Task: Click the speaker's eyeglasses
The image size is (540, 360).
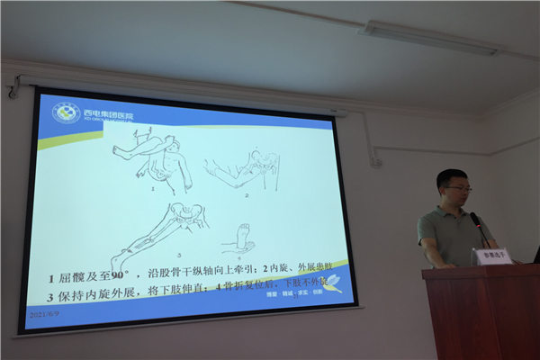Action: point(458,189)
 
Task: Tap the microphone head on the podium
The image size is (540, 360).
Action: point(474,219)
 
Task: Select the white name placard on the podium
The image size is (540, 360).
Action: point(493,256)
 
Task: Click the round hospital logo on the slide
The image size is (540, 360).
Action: point(66,112)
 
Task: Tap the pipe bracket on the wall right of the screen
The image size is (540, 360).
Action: point(375,162)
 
